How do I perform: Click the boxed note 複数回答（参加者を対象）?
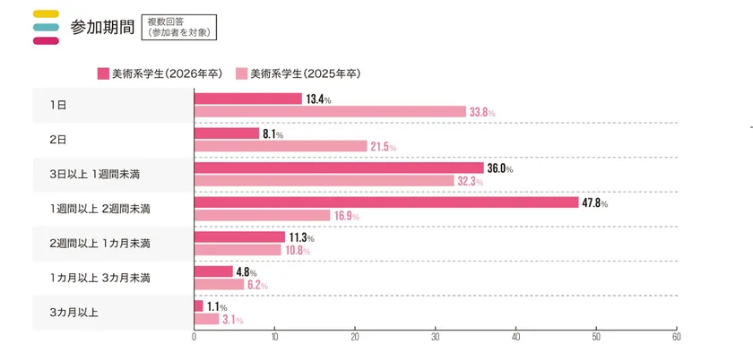(x=178, y=26)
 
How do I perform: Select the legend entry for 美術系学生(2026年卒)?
(x=159, y=73)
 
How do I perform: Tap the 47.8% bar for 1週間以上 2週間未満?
(x=386, y=202)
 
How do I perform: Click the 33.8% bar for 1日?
(x=330, y=112)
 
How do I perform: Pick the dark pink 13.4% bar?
(x=247, y=99)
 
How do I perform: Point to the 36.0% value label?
(x=499, y=168)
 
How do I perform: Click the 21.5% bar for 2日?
(x=281, y=146)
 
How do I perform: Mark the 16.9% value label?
(x=346, y=216)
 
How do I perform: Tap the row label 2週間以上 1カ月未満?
(x=100, y=244)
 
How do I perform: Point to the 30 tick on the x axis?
(x=435, y=338)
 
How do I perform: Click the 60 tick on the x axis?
(x=676, y=338)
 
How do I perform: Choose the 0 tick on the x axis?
(x=195, y=338)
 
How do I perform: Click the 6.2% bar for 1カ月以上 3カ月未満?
(x=219, y=285)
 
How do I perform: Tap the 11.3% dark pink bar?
(x=239, y=236)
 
